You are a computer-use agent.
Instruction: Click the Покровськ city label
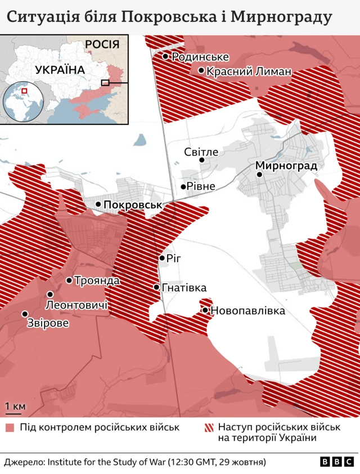(x=133, y=205)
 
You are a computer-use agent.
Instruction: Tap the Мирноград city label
(x=286, y=166)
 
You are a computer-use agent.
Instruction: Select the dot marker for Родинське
(x=165, y=56)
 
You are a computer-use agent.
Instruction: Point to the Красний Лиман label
(x=249, y=71)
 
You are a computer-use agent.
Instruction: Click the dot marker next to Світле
(x=202, y=160)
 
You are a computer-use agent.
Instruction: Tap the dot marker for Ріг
(x=162, y=258)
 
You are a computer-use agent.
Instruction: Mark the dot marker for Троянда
(x=69, y=280)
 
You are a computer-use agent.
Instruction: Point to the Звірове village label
(x=48, y=324)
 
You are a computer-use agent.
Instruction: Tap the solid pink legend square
(x=10, y=427)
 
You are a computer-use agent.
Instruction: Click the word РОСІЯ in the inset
(x=102, y=44)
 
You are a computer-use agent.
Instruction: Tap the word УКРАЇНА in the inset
(x=60, y=70)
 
